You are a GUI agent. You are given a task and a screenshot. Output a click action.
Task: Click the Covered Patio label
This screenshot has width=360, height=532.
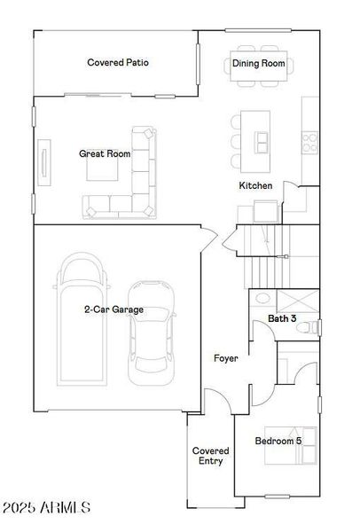pyautogui.click(x=118, y=63)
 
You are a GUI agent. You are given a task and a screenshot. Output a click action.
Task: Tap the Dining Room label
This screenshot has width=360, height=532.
pyautogui.click(x=259, y=63)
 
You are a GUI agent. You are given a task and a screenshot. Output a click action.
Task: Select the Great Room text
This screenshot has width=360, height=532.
pyautogui.click(x=105, y=153)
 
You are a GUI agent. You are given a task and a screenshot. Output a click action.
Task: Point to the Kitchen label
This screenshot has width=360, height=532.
pyautogui.click(x=255, y=186)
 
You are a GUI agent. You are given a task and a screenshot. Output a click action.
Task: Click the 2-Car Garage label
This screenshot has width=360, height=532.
pyautogui.click(x=113, y=310)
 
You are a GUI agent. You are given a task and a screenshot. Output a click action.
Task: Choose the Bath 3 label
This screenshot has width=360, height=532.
pyautogui.click(x=282, y=318)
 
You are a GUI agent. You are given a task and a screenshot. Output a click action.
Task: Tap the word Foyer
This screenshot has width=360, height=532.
pyautogui.click(x=226, y=358)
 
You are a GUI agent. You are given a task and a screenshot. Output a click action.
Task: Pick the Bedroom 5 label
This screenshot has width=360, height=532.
pyautogui.click(x=278, y=441)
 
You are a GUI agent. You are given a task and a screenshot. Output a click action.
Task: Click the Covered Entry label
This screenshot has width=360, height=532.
pyautogui.click(x=211, y=457)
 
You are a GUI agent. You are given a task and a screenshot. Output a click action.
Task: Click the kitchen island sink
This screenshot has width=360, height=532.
pyautogui.click(x=262, y=140)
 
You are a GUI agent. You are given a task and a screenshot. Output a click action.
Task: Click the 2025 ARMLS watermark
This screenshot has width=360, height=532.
pyautogui.click(x=45, y=509)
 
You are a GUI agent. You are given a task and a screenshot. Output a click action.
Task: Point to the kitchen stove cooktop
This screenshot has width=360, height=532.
pyautogui.click(x=311, y=137)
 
